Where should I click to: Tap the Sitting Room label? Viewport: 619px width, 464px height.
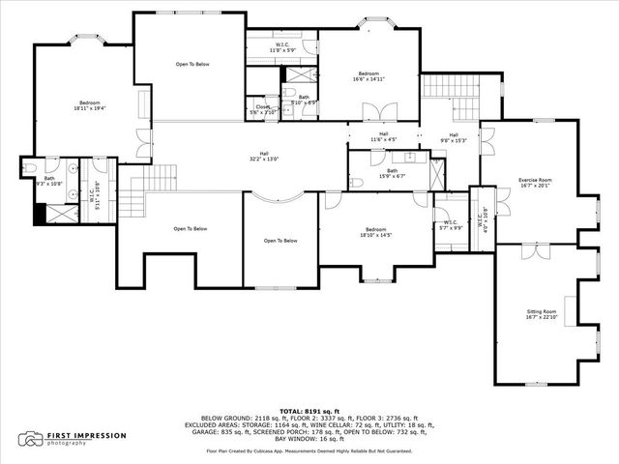click(541, 312)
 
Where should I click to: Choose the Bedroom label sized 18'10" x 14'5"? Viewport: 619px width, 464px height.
click(375, 231)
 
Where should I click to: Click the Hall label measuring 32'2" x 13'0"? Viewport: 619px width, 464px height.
click(264, 156)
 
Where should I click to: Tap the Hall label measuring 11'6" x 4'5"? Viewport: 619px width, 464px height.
click(384, 136)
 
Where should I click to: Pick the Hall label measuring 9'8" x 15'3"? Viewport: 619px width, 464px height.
click(453, 137)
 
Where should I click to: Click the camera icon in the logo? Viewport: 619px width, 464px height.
click(34, 438)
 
